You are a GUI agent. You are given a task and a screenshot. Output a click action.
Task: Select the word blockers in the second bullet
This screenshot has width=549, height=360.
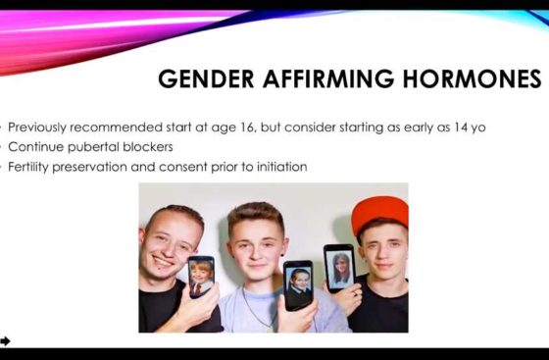[x=148, y=147]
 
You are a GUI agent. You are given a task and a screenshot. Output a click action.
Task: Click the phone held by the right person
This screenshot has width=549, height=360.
[x=339, y=267]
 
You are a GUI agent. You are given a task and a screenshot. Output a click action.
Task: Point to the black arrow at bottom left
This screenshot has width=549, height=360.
[x=6, y=340]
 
